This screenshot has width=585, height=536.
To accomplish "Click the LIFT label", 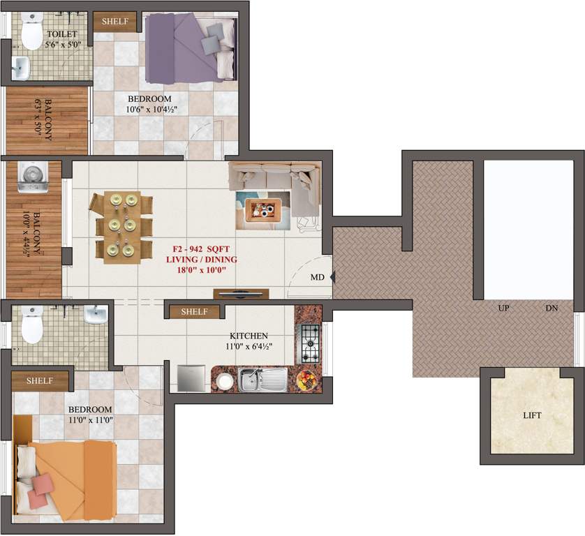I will click(x=532, y=415).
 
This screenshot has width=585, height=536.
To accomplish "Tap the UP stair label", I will click(x=503, y=308).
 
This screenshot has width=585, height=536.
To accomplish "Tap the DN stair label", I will click(x=552, y=308).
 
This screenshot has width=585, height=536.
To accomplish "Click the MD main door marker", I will click(x=317, y=277).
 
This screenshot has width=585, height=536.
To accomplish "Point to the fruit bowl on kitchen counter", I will click(x=305, y=380).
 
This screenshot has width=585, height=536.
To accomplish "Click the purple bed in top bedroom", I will click(x=190, y=47).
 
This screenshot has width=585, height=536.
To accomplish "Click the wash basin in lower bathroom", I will click(x=95, y=316).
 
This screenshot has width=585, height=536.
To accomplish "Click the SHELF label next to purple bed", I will click(x=115, y=21).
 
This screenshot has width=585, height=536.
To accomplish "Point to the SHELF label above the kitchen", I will click(x=194, y=311).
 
